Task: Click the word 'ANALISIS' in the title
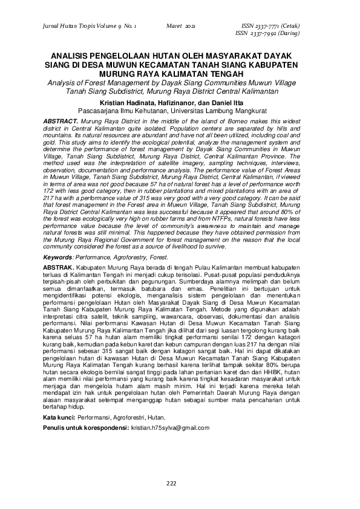70,53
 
